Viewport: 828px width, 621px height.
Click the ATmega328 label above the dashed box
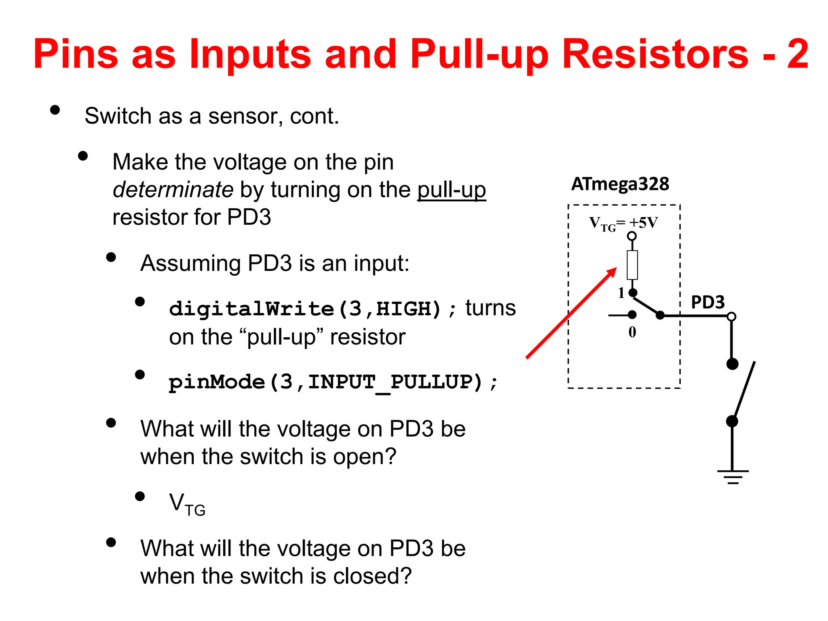[x=620, y=184]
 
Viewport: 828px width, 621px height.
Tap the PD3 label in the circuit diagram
[x=708, y=302]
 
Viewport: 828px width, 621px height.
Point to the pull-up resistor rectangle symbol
[x=632, y=265]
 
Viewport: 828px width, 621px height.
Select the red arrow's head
[x=612, y=272]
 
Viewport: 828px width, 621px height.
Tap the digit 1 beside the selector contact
[x=621, y=293]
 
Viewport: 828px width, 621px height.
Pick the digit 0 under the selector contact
[x=632, y=332]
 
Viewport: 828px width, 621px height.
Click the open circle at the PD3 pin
[x=731, y=317]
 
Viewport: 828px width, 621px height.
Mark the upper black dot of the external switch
[x=732, y=364]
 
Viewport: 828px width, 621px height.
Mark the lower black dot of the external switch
[x=732, y=421]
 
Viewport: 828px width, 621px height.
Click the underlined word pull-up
[x=451, y=190]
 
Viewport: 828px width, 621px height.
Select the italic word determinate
[x=173, y=190]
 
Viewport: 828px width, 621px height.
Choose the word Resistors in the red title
[x=655, y=54]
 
